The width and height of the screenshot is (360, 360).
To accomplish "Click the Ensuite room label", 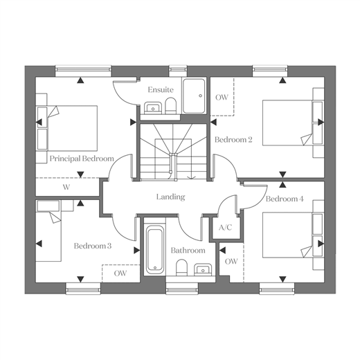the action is pyautogui.click(x=161, y=89).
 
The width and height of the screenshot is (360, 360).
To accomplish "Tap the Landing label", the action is pyautogui.click(x=171, y=197).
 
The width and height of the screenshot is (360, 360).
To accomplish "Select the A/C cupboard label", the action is pyautogui.click(x=225, y=228).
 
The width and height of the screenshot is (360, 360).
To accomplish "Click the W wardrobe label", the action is pyautogui.click(x=66, y=187).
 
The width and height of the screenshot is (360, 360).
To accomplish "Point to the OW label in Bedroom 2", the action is pyautogui.click(x=222, y=98).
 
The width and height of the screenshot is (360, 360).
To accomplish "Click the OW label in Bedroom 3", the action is pyautogui.click(x=120, y=273).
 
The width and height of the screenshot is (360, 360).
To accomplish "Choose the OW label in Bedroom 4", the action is pyautogui.click(x=231, y=262).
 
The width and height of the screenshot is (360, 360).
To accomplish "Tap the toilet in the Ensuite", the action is pyautogui.click(x=171, y=105).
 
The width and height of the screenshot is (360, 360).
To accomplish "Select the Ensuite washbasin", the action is pyautogui.click(x=152, y=107).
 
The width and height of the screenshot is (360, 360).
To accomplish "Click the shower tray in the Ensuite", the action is pyautogui.click(x=193, y=96).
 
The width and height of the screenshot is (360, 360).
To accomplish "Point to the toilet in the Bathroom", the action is pyautogui.click(x=181, y=267).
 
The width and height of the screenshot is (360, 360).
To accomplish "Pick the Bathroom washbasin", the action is pyautogui.click(x=203, y=269).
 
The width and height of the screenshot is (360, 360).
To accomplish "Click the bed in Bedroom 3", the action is pyautogui.click(x=48, y=231).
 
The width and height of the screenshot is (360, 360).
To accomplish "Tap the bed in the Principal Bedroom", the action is pyautogui.click(x=67, y=128).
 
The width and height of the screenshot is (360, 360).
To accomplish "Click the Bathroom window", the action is pyautogui.click(x=182, y=289).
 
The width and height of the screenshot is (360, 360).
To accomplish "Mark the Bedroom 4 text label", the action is pyautogui.click(x=285, y=199).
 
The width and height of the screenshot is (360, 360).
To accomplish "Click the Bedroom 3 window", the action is pyautogui.click(x=83, y=289).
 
